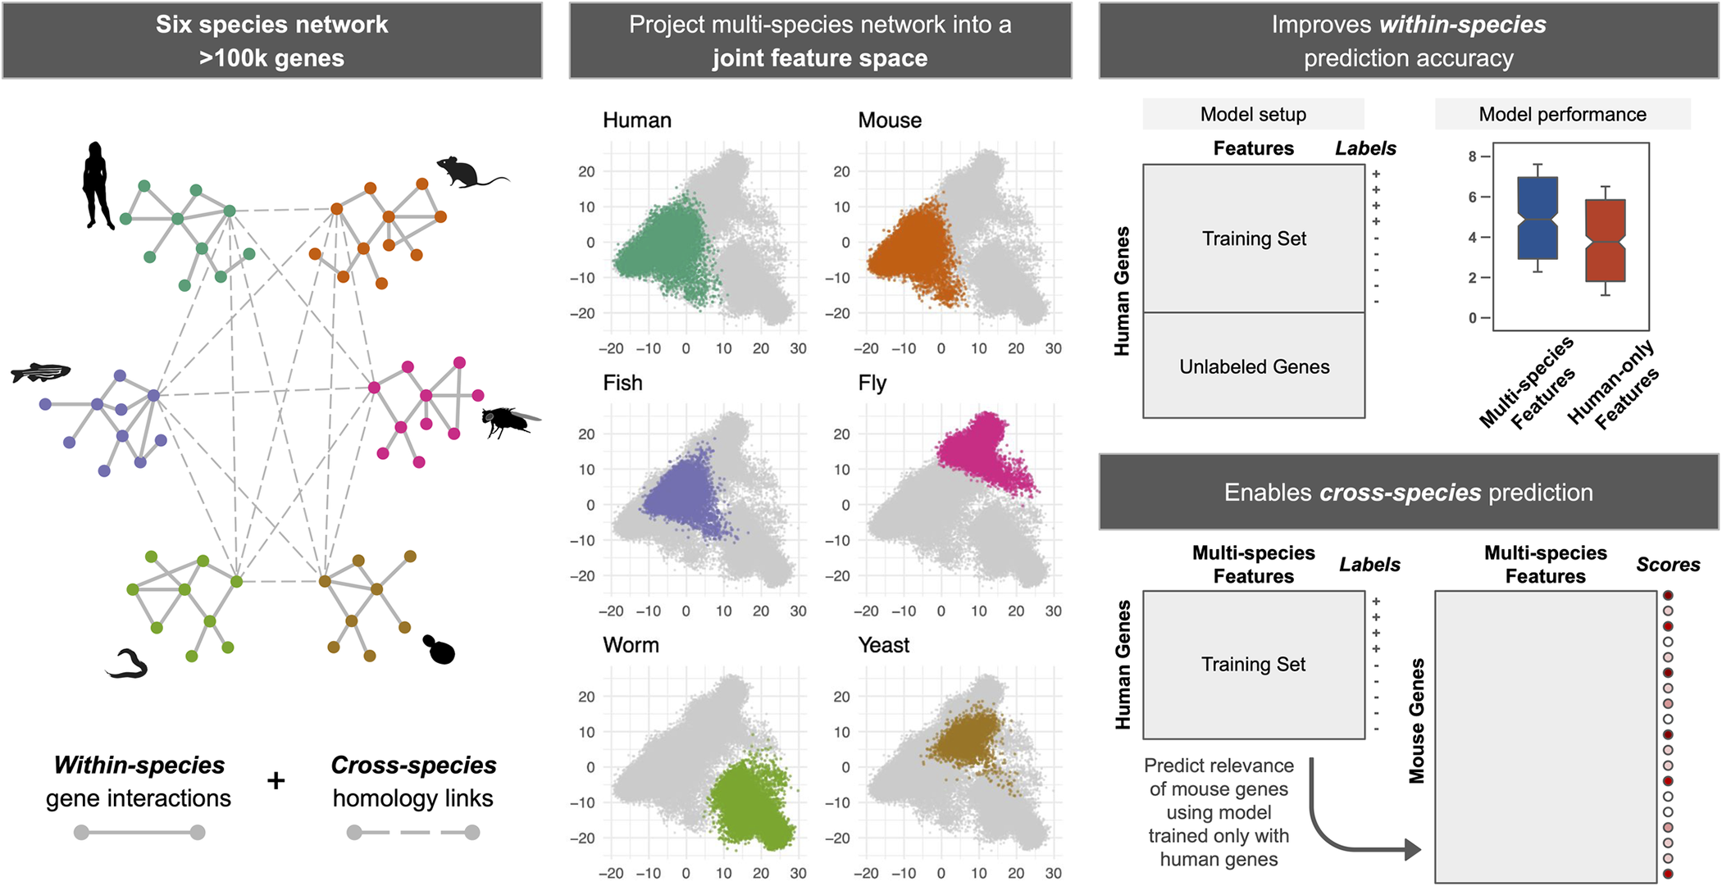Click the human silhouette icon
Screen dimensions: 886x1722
pos(97,186)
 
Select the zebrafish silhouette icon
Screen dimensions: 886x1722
pos(41,373)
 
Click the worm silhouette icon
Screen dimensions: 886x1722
pos(127,664)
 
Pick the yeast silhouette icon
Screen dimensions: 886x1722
pos(440,650)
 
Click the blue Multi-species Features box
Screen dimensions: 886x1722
pos(1537,218)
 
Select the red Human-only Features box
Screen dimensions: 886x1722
pos(1605,240)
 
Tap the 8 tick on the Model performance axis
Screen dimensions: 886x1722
pos(1473,157)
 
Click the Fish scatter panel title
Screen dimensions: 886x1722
pos(622,383)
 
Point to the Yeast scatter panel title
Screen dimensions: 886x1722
pos(883,645)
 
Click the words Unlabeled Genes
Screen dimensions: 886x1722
pos(1254,366)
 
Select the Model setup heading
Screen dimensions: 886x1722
pos(1253,114)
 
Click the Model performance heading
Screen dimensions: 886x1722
pos(1562,114)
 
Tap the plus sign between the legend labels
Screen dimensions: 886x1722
pos(276,780)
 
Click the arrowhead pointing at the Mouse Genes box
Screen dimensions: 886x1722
pos(1412,850)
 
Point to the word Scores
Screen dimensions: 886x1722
pos(1668,565)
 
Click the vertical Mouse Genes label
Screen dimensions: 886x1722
pos(1416,721)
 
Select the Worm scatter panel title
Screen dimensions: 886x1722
pos(631,645)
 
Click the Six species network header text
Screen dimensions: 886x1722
pos(271,25)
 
